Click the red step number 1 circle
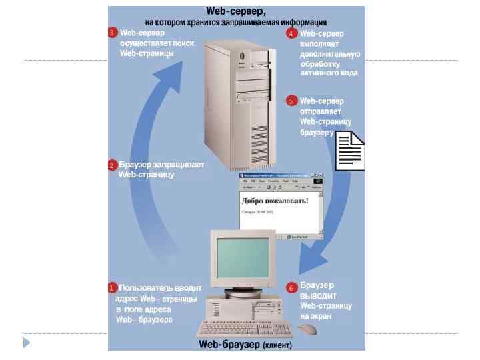[x=113, y=288]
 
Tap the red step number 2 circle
[x=113, y=165]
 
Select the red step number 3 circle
[x=113, y=33]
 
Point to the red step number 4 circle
[x=291, y=33]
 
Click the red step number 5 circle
[x=291, y=101]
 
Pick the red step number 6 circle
[x=291, y=288]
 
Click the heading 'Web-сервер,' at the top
[x=235, y=11]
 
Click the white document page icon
[x=349, y=152]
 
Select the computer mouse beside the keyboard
[x=307, y=329]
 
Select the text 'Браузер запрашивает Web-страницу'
[x=157, y=169]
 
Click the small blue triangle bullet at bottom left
[x=27, y=343]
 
